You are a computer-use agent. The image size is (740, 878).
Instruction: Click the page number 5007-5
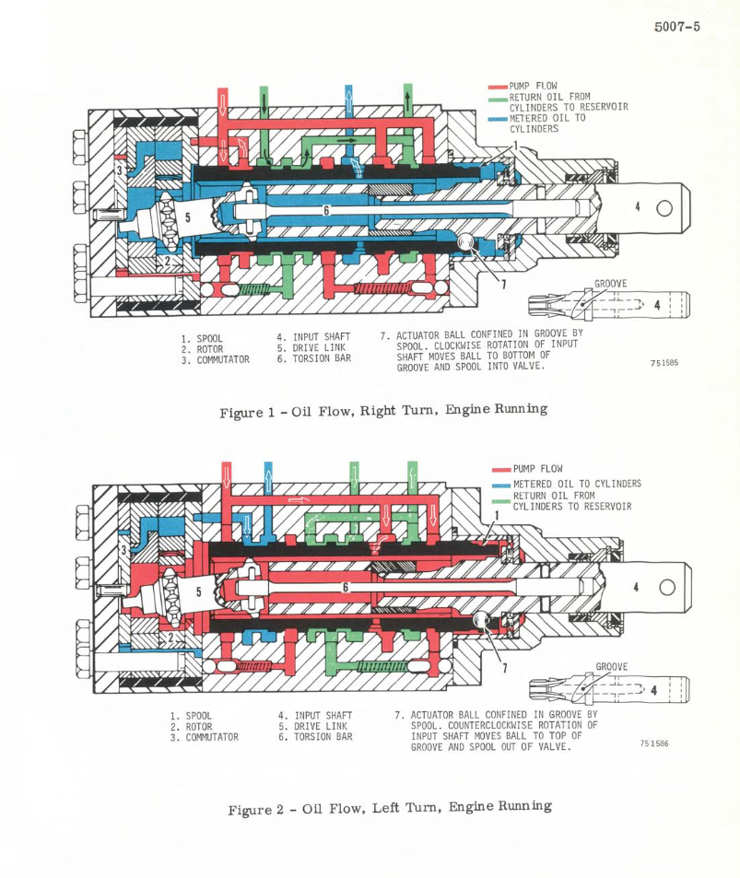(x=676, y=27)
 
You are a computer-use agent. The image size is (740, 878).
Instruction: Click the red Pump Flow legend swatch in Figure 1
(x=498, y=87)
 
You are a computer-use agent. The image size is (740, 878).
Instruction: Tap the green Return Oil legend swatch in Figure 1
(x=498, y=100)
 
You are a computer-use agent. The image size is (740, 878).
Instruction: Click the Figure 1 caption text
(x=383, y=411)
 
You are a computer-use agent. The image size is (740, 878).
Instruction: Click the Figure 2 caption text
(x=390, y=808)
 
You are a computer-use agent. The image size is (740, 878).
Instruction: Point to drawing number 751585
(x=664, y=363)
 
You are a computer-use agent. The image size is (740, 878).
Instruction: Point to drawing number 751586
(x=654, y=743)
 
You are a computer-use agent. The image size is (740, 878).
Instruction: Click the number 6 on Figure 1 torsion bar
(x=326, y=210)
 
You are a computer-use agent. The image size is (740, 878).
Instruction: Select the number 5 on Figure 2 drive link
(x=198, y=591)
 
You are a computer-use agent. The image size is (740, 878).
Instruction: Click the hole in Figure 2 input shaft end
(x=667, y=588)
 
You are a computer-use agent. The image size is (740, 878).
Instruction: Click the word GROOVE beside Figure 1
(x=611, y=284)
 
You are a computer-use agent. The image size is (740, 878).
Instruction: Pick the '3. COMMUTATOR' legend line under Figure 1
(x=215, y=359)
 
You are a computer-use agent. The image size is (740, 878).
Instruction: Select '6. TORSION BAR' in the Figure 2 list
(x=315, y=737)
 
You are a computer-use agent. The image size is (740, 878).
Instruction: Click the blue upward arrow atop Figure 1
(x=348, y=100)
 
